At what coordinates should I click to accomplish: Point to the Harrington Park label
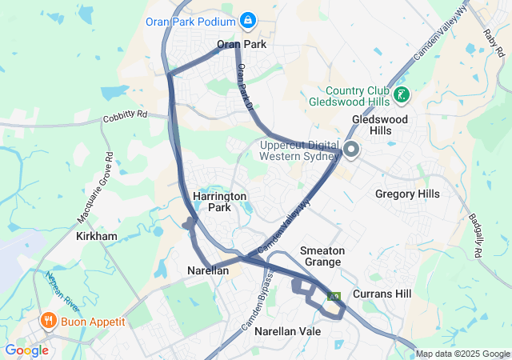[x=219, y=202]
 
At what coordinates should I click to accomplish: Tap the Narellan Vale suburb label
[x=287, y=330]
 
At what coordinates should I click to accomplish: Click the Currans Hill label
[x=382, y=294]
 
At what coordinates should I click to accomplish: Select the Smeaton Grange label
[x=322, y=256]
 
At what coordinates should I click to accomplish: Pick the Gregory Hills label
[x=407, y=194]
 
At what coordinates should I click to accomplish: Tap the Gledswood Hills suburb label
[x=380, y=125]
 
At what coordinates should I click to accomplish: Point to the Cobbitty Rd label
[x=126, y=115]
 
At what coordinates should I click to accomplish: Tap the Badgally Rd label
[x=472, y=236]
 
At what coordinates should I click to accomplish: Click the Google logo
[x=26, y=350]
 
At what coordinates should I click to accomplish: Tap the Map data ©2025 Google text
[x=462, y=354]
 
